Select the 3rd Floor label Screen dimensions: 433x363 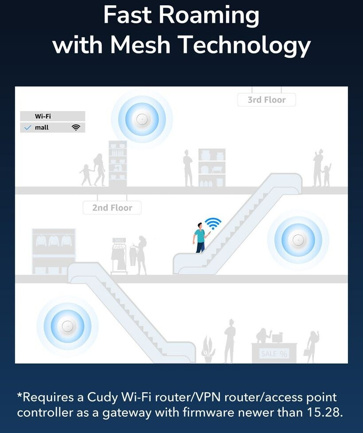click(266, 100)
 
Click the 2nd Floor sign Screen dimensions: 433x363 click(112, 208)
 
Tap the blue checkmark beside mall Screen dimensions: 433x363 click(28, 128)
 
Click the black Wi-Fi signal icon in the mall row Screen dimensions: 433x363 click(76, 128)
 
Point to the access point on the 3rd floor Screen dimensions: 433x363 click(142, 119)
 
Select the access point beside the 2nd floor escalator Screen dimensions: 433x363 click(297, 240)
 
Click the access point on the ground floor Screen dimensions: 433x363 click(67, 327)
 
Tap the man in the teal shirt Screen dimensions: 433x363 click(200, 237)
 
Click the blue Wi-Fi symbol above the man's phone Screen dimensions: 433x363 click(213, 223)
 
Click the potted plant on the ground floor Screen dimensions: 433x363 click(208, 350)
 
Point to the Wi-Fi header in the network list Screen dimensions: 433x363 click(43, 116)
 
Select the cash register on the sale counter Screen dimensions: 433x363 click(277, 338)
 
